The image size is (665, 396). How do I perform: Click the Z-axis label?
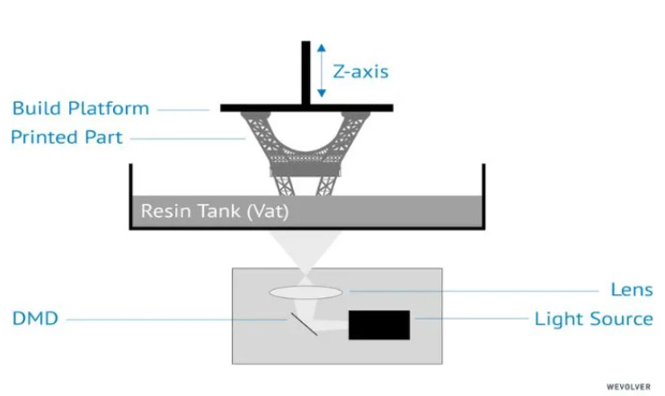click(360, 71)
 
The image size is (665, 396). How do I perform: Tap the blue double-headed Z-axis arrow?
click(322, 70)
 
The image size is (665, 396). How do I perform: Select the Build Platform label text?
click(81, 108)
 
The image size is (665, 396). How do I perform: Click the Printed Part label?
click(66, 137)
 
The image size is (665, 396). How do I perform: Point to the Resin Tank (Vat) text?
click(215, 211)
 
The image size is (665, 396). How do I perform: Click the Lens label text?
click(632, 290)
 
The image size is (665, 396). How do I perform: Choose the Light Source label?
click(593, 319)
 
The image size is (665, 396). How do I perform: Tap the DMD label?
click(35, 319)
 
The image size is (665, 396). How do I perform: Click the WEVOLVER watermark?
click(628, 387)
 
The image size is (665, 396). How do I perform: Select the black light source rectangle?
click(379, 325)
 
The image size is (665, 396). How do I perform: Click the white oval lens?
click(306, 292)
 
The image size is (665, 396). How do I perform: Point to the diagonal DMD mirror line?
click(304, 324)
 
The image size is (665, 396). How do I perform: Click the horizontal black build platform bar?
click(306, 108)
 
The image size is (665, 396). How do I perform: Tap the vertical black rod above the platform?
click(306, 73)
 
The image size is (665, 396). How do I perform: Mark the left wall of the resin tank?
click(130, 196)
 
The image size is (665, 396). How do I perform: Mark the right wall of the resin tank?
click(483, 196)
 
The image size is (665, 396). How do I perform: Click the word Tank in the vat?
click(219, 211)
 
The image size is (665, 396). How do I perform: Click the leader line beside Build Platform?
click(183, 110)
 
